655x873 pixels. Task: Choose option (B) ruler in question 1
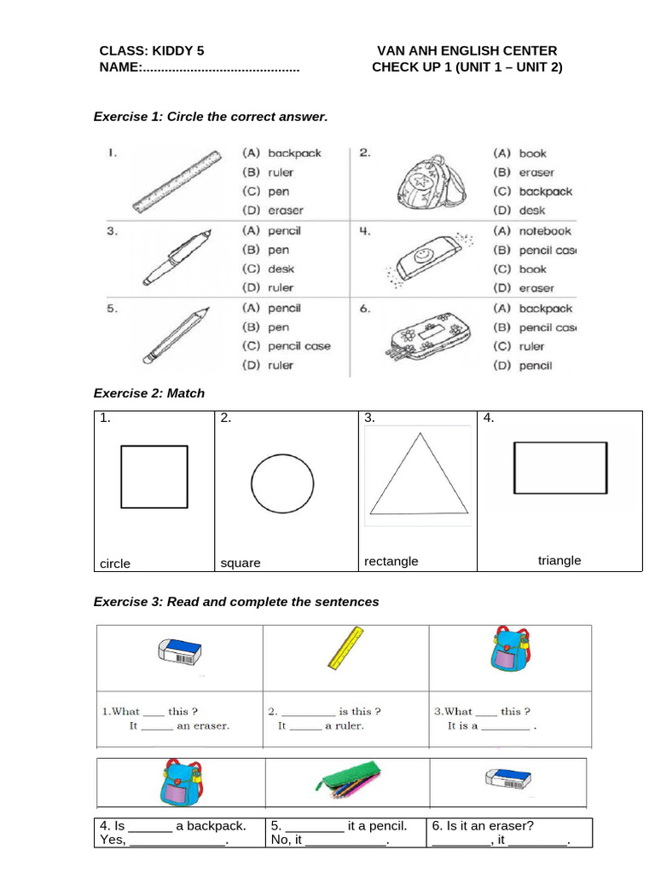[x=269, y=172]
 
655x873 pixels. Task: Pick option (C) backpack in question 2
[x=533, y=192]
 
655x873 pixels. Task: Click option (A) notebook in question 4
[x=533, y=231]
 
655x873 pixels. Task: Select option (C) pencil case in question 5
[x=287, y=346]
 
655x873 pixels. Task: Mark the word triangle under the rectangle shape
[x=559, y=560]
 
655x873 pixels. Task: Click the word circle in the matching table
[x=115, y=564]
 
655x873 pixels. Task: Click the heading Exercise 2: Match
[x=148, y=393]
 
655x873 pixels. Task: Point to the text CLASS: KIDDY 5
[x=152, y=51]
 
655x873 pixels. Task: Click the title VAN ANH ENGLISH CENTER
[x=467, y=51]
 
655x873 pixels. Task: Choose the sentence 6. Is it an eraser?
[x=483, y=825]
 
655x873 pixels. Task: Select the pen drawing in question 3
[x=175, y=256]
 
